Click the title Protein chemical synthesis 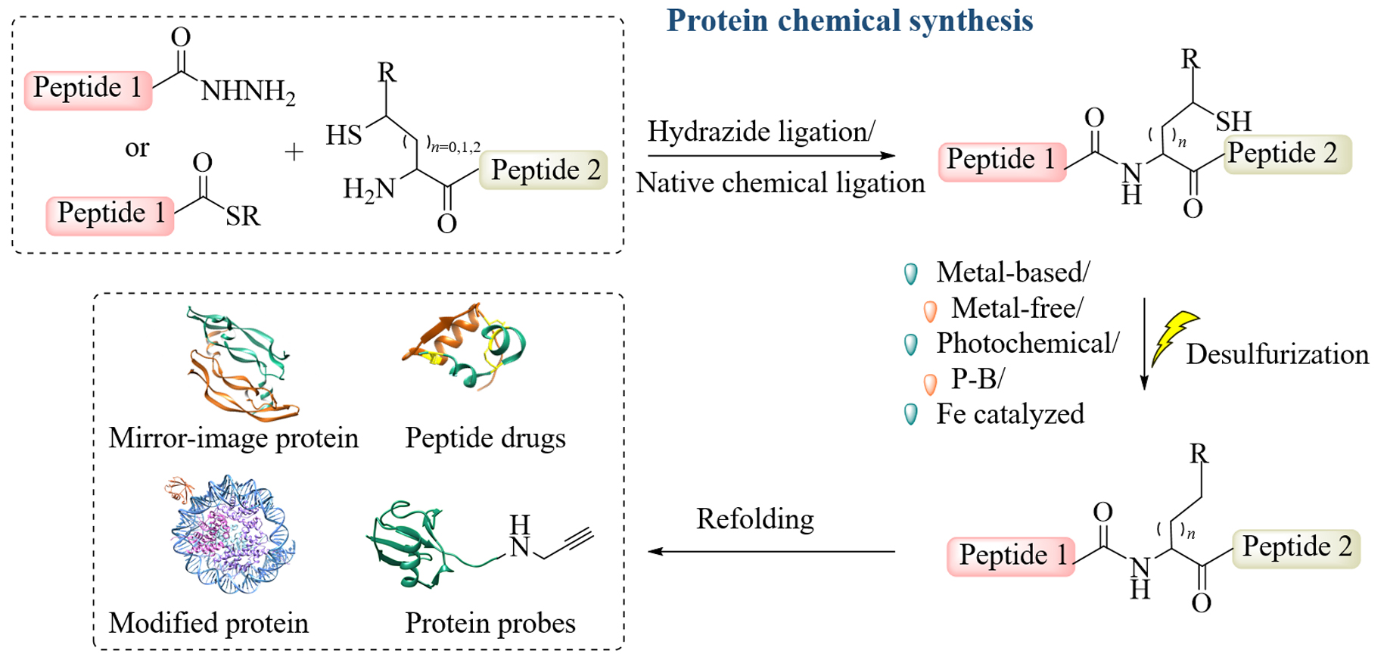849,21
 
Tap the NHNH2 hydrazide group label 247,92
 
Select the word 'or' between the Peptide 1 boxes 137,148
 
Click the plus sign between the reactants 294,152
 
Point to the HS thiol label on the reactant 344,136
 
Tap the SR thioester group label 242,216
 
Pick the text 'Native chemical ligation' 780,183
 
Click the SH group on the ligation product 1233,121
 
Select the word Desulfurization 1277,354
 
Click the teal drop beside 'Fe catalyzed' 912,414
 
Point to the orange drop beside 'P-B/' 930,383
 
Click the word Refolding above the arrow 755,519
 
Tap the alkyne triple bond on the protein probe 578,540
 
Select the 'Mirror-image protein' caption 233,438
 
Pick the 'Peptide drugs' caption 485,438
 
